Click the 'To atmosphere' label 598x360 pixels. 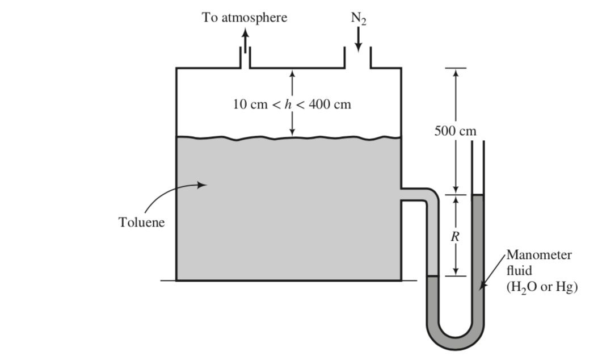(x=245, y=18)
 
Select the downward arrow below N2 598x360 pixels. (x=359, y=40)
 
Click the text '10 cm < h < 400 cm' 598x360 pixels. (x=292, y=104)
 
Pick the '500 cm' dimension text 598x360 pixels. (x=455, y=132)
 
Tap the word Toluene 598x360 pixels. (x=141, y=222)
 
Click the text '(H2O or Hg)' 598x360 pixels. (x=541, y=287)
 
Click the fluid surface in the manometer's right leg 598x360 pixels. (x=478, y=195)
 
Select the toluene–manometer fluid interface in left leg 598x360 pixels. (x=432, y=277)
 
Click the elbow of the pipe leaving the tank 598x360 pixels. (x=432, y=196)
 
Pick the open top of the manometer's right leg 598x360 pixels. (x=478, y=142)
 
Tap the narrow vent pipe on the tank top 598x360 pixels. (x=245, y=58)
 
